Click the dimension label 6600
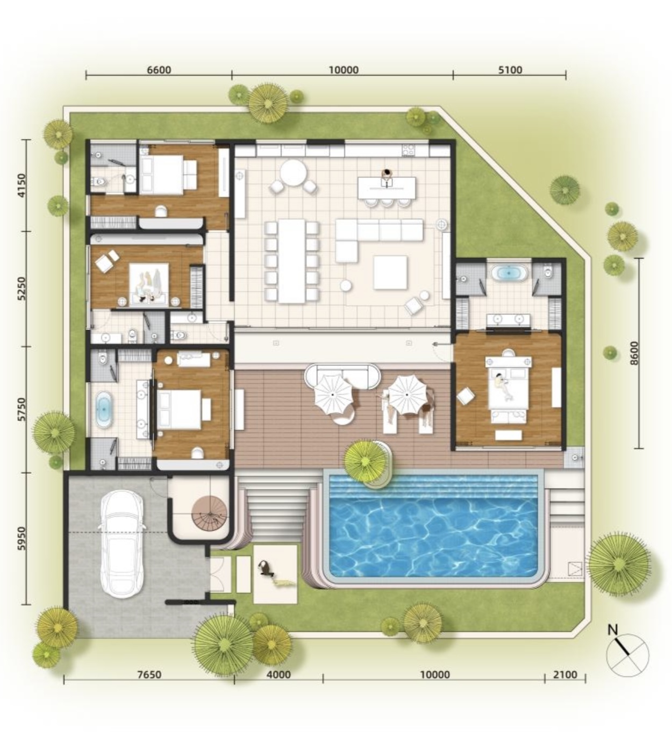(x=159, y=70)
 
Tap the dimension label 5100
(x=510, y=70)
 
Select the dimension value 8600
(x=634, y=353)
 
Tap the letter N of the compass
(x=613, y=629)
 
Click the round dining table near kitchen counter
(x=293, y=173)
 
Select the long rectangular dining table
(x=292, y=261)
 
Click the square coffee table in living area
(x=390, y=272)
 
